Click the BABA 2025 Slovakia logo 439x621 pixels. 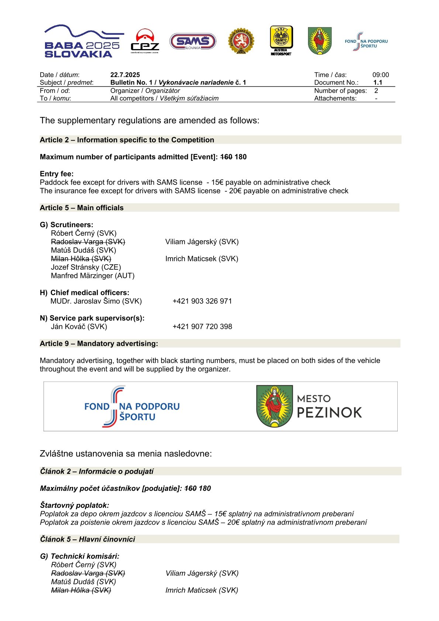(83, 41)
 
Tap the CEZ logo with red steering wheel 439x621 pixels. (145, 41)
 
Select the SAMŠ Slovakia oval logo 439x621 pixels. (193, 41)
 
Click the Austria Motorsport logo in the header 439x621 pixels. (281, 41)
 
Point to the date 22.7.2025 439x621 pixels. (125, 75)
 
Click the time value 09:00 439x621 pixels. (380, 75)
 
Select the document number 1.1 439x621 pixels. (377, 83)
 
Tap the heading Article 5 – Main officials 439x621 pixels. (82, 208)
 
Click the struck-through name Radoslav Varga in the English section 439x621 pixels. (88, 242)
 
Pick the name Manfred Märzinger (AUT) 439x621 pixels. (93, 276)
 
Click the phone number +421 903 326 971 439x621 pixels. (202, 301)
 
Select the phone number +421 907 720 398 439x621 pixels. (202, 327)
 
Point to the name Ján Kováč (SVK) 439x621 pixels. (79, 327)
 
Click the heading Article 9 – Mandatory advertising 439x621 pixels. (99, 344)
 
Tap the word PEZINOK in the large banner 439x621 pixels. (329, 413)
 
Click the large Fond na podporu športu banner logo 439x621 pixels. (132, 407)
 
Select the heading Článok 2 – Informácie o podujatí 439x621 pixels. (97, 471)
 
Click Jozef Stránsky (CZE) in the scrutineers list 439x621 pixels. (86, 267)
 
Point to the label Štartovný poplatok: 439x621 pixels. (75, 505)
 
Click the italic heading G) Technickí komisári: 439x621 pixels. (80, 556)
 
